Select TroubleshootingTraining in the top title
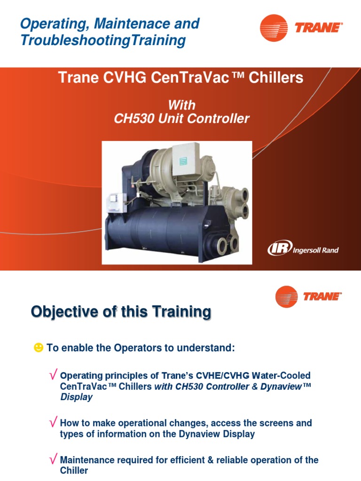103,40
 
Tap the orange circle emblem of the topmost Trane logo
274,28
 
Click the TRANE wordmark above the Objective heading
322,296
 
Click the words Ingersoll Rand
315,250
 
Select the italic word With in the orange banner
181,105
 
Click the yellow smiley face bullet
38,348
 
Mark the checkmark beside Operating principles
54,375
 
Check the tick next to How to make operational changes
54,422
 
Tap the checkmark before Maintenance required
54,459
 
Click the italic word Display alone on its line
76,397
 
